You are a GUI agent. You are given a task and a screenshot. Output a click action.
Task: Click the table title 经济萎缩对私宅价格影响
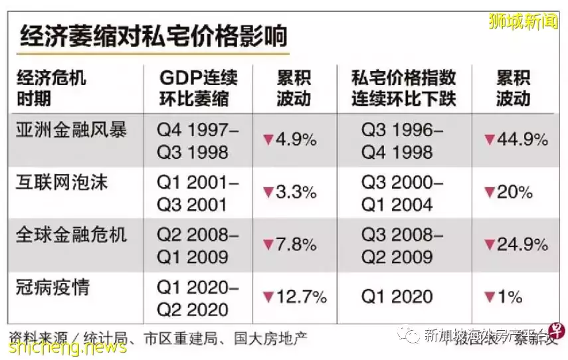[153, 35]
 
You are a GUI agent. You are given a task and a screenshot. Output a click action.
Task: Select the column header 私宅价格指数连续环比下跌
[403, 88]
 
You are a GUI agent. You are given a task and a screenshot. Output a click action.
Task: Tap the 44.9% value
[516, 140]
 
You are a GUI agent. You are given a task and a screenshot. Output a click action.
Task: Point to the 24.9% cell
[516, 245]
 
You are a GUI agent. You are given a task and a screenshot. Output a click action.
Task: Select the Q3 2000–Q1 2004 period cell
[402, 193]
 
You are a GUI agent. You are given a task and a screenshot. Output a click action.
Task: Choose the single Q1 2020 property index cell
[397, 298]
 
